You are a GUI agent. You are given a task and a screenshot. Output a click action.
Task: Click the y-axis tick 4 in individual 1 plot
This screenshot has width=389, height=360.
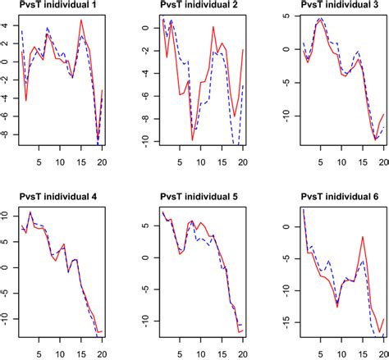6,25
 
